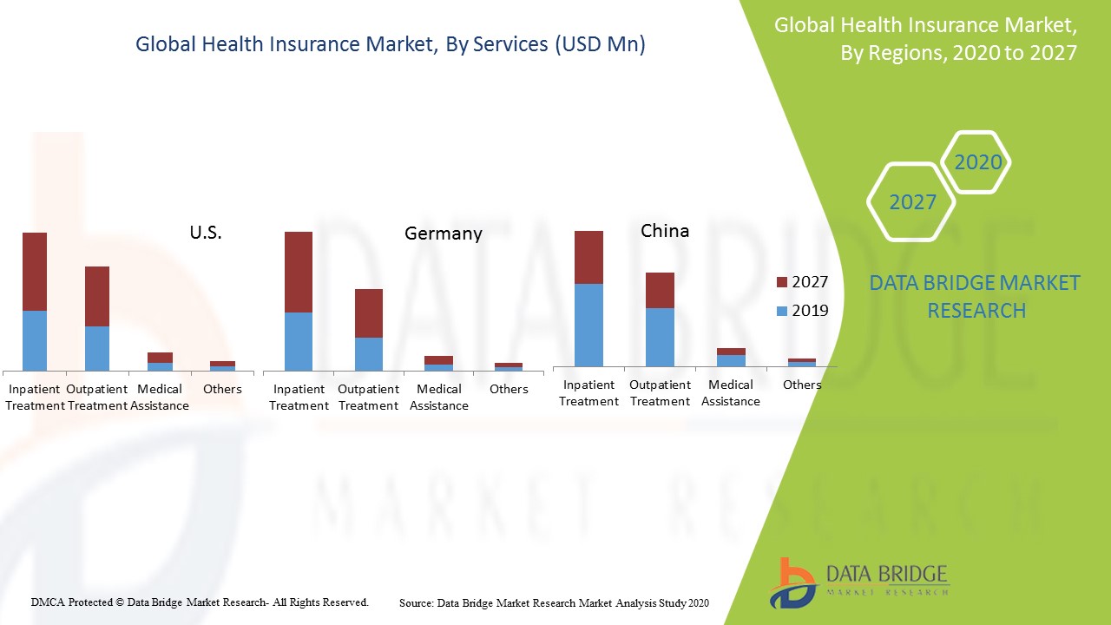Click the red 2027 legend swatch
[781, 282]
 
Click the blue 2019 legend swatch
[781, 310]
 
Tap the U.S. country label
[206, 232]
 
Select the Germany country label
[443, 234]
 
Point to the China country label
[665, 231]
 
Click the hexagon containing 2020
[977, 162]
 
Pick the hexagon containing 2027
[912, 202]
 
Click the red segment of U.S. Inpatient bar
[35, 272]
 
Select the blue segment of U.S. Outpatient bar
[97, 348]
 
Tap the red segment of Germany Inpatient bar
[299, 272]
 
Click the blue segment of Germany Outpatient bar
[369, 353]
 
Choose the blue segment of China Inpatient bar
[589, 325]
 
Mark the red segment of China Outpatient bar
[660, 290]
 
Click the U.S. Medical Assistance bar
[160, 361]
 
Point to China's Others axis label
[802, 385]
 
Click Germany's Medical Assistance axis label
[439, 398]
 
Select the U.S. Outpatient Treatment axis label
[97, 398]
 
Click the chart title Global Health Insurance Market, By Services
[391, 45]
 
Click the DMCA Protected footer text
[200, 602]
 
